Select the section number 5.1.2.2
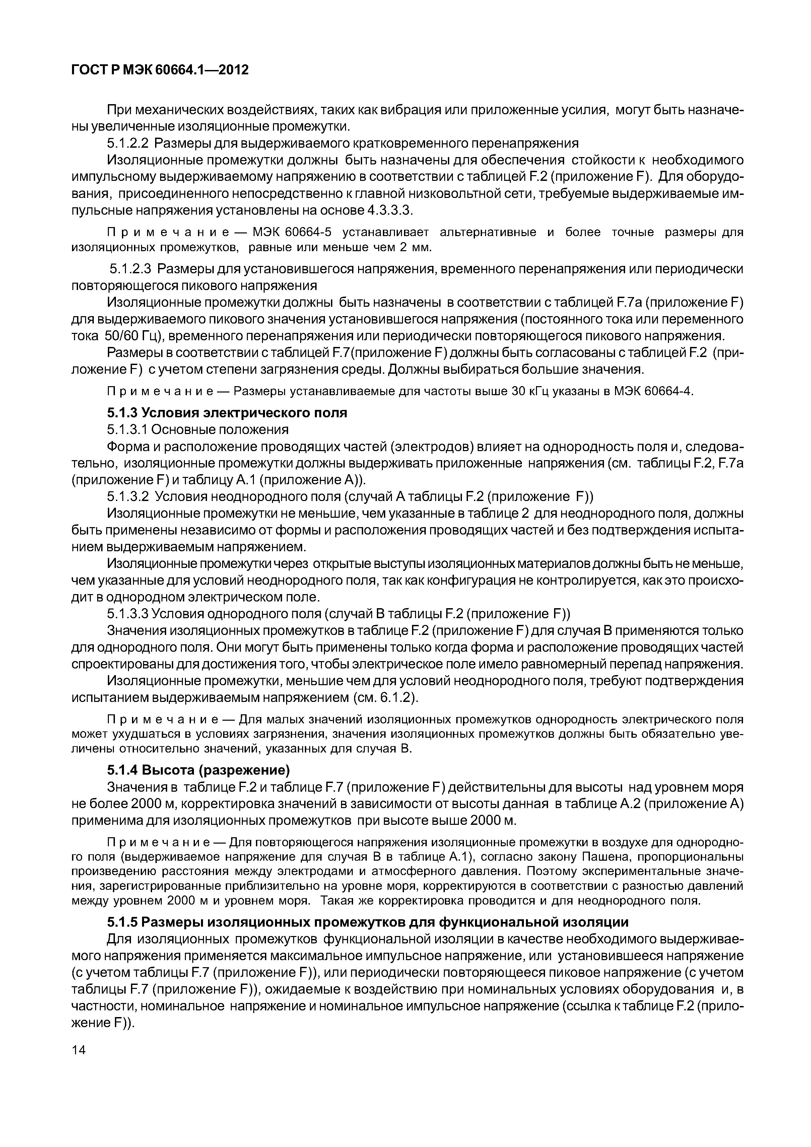128,143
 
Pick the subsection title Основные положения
220,430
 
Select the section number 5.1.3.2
128,497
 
